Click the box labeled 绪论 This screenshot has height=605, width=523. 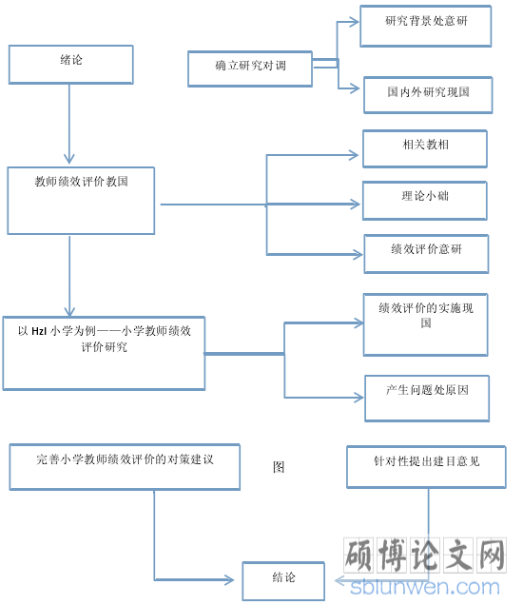(x=71, y=65)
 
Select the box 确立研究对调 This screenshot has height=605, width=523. (x=250, y=68)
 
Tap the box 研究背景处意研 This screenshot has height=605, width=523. (x=426, y=27)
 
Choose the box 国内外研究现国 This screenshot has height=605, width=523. (x=428, y=95)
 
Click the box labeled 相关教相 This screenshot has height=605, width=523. (x=425, y=149)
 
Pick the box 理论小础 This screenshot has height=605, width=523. (x=425, y=201)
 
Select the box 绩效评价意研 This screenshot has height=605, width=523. (x=426, y=254)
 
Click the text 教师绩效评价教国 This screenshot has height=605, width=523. (x=82, y=182)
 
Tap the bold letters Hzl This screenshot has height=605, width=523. (x=39, y=331)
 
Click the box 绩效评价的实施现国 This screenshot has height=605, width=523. (x=425, y=324)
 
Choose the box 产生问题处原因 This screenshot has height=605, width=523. (x=427, y=399)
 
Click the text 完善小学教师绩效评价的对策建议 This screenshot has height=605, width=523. (x=125, y=459)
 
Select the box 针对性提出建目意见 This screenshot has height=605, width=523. (x=426, y=467)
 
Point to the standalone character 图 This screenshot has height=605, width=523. (x=279, y=467)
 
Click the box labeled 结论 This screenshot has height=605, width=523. (x=283, y=581)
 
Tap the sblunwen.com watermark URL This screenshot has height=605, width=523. (x=425, y=588)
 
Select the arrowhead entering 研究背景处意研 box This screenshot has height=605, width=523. (x=354, y=22)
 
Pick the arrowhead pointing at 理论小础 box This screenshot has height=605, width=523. (x=355, y=205)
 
